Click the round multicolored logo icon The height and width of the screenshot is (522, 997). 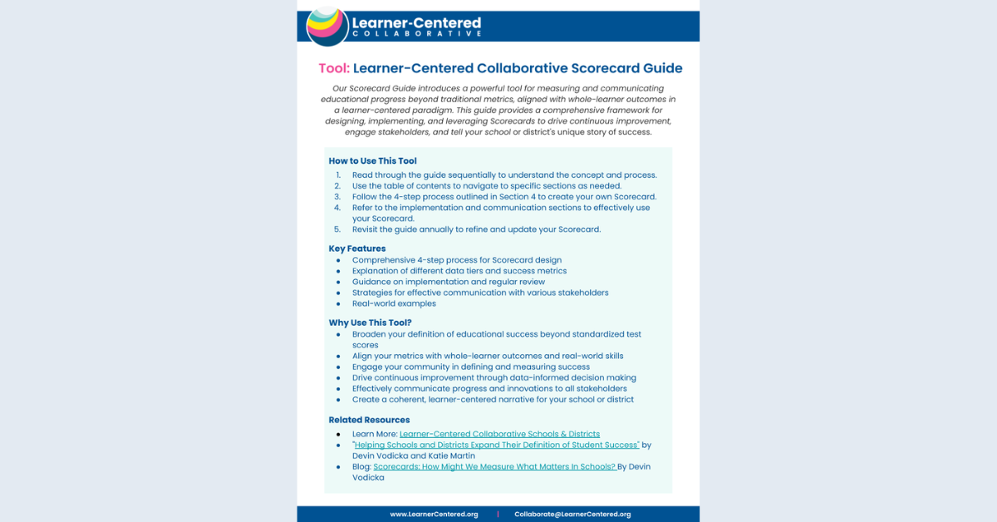pyautogui.click(x=327, y=26)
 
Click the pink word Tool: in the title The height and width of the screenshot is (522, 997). pyautogui.click(x=334, y=68)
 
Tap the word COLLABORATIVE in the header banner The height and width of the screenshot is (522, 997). pyautogui.click(x=417, y=34)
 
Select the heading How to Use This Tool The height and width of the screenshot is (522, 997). pyautogui.click(x=372, y=161)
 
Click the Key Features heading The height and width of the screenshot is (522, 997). pyautogui.click(x=357, y=249)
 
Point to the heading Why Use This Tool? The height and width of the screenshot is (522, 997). pyautogui.click(x=370, y=323)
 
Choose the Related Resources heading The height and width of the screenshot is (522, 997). pyautogui.click(x=369, y=420)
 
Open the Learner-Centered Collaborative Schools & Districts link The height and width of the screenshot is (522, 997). pyautogui.click(x=499, y=434)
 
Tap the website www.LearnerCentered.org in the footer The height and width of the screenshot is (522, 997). pyautogui.click(x=434, y=515)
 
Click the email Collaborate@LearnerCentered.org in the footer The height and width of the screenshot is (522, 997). pyautogui.click(x=572, y=515)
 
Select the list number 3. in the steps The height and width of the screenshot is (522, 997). pyautogui.click(x=337, y=197)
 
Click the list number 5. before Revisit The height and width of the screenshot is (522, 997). pyautogui.click(x=337, y=229)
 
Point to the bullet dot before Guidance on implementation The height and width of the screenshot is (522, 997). pyautogui.click(x=338, y=282)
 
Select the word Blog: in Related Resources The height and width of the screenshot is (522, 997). pyautogui.click(x=361, y=467)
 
